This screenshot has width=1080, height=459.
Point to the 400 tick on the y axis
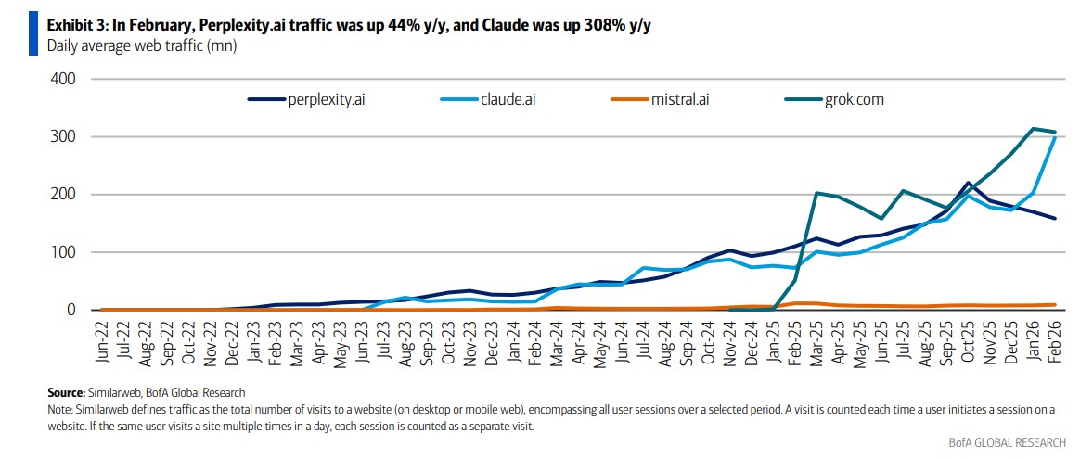(x=63, y=79)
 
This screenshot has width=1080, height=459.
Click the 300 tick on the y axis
(x=63, y=137)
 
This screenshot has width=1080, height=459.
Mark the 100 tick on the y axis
(x=63, y=252)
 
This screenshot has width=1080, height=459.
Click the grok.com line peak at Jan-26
(x=1034, y=129)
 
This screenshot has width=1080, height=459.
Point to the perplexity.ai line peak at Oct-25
(x=969, y=183)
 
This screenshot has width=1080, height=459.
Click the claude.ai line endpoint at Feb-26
(x=1055, y=136)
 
